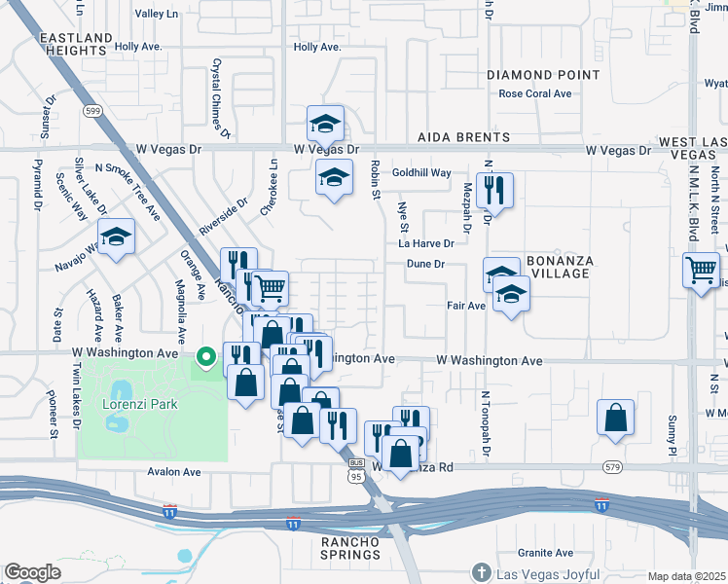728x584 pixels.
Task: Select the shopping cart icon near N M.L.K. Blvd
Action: (x=702, y=271)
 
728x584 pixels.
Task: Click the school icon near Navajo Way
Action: (x=116, y=237)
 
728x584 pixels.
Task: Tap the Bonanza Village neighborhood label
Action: (x=558, y=268)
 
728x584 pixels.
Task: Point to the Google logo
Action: (x=32, y=572)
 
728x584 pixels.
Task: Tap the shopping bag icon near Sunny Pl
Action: (x=616, y=418)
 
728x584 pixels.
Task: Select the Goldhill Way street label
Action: (x=421, y=172)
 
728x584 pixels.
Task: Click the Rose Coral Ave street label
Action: (x=534, y=94)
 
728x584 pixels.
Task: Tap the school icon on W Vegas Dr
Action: (x=326, y=124)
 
